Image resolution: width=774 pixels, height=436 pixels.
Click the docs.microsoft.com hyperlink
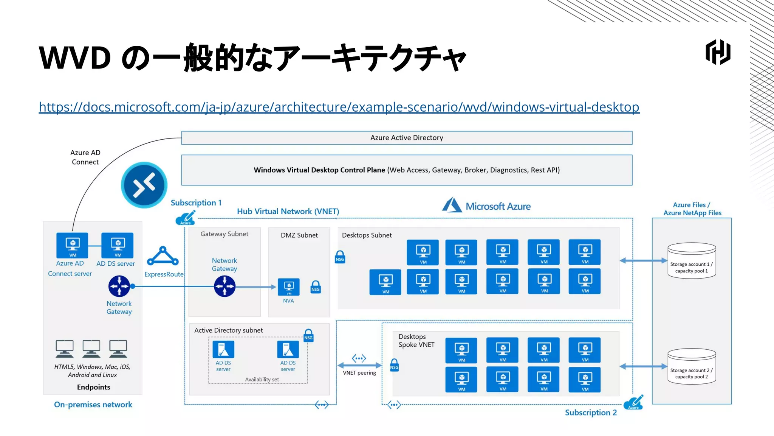(x=339, y=107)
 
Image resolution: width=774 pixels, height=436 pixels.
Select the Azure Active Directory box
(x=407, y=138)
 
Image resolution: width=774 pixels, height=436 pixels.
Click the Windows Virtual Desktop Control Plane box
(x=407, y=170)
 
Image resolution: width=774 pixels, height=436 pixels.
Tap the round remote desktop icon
(x=144, y=185)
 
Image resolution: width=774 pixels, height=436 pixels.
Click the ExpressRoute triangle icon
(x=163, y=257)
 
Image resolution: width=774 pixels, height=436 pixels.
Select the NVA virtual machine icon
(x=289, y=287)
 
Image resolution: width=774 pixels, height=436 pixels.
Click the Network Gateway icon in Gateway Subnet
(x=225, y=286)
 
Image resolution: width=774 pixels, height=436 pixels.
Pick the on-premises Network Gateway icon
(x=119, y=286)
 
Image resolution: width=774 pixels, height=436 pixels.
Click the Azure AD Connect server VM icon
(x=72, y=245)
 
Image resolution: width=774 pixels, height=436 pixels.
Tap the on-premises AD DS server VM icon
(x=118, y=245)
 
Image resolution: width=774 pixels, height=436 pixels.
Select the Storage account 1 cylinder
(x=692, y=261)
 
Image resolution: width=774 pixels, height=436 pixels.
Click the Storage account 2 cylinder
(x=692, y=366)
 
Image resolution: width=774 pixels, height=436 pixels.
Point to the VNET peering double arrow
(x=359, y=365)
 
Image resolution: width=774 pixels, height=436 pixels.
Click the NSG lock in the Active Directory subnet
(x=308, y=335)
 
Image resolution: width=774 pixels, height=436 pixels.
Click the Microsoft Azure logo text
(x=498, y=206)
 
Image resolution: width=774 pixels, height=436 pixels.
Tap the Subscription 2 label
(x=591, y=413)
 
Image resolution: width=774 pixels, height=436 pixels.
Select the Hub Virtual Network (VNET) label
(x=288, y=212)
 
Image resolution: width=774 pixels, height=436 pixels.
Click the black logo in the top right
(x=718, y=52)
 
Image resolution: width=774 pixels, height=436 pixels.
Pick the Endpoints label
(x=94, y=387)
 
